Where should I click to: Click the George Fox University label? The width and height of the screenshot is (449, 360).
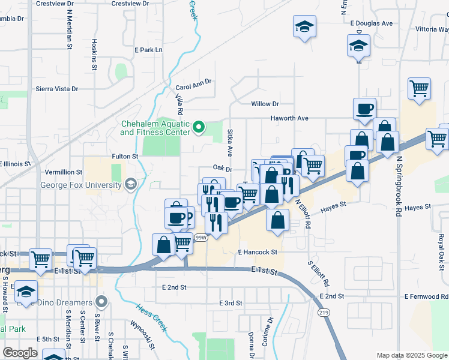point(81,185)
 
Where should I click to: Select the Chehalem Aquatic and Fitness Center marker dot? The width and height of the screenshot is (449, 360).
point(202,127)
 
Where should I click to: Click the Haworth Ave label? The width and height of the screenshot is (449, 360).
point(289,118)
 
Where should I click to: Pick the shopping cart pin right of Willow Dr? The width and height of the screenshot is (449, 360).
point(419,89)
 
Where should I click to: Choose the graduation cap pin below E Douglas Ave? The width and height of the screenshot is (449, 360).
point(359,45)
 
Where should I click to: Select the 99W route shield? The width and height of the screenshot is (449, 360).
point(200,238)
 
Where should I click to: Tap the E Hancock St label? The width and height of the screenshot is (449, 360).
point(258,252)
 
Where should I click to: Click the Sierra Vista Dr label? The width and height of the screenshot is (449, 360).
point(58,89)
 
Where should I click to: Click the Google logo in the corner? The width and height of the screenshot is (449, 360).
point(20,352)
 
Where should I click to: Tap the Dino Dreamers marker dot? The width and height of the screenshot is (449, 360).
point(103,301)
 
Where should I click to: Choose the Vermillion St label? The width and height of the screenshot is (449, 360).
point(63,172)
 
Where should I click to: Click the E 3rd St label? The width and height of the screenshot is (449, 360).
point(231,303)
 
